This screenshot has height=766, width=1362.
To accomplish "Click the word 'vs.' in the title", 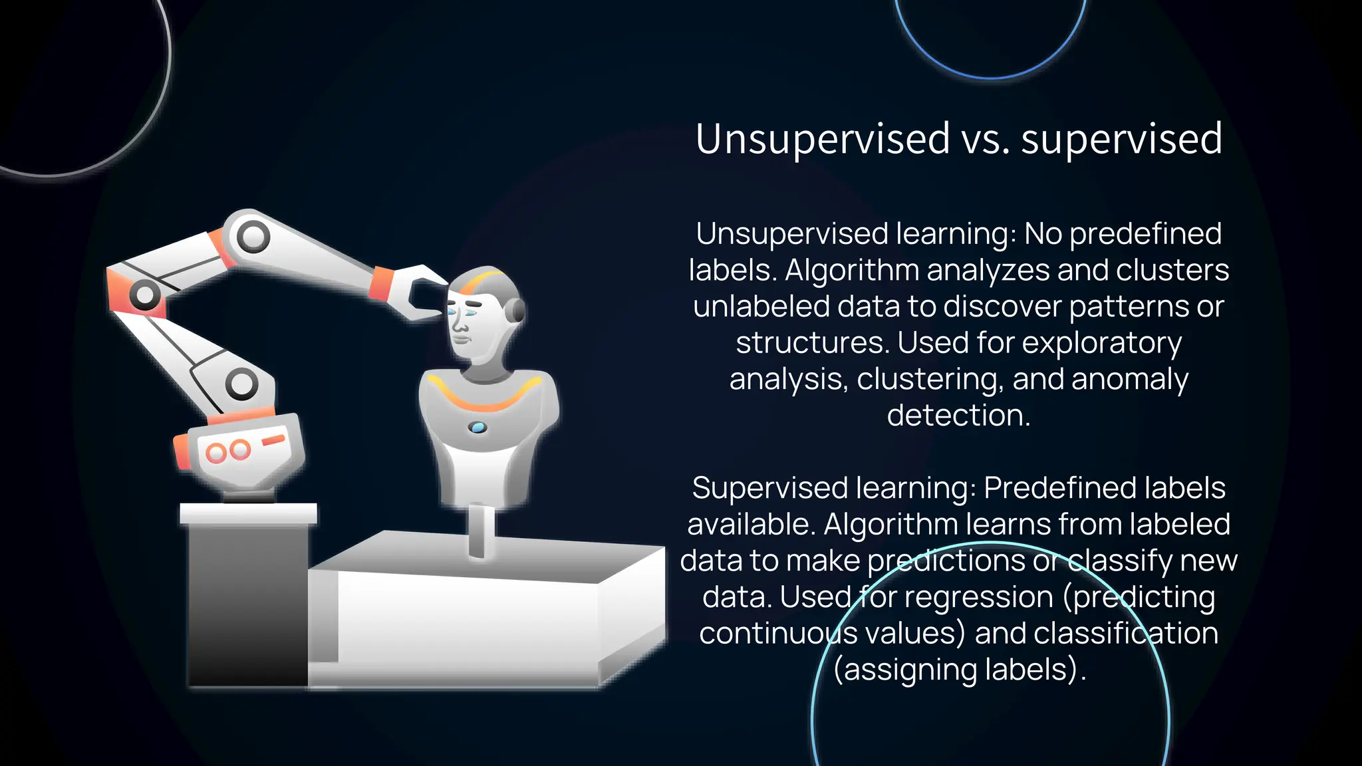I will (985, 140).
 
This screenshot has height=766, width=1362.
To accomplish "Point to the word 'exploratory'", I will (1101, 343).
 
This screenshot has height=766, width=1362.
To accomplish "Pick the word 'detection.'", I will (958, 416).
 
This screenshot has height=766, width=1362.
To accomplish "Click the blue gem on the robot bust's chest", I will (477, 428).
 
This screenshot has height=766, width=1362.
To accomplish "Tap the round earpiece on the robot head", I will (515, 311).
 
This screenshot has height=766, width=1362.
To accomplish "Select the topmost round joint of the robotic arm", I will (253, 236).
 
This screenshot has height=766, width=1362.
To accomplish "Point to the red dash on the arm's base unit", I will (273, 440).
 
